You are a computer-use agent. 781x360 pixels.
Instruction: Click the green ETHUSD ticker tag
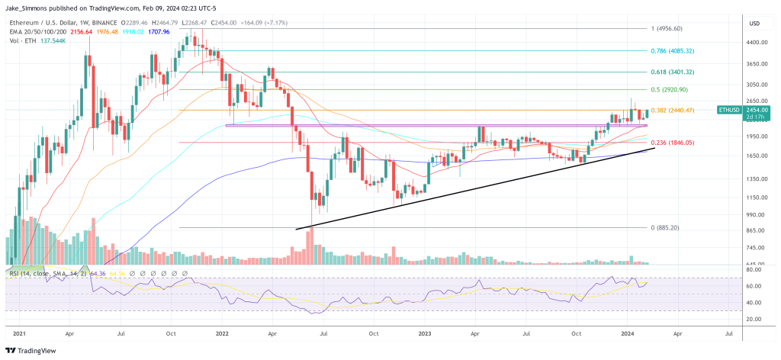pyautogui.click(x=728, y=111)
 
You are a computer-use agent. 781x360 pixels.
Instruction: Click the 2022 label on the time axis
pyautogui.click(x=223, y=333)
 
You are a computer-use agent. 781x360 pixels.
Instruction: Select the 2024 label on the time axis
pyautogui.click(x=628, y=333)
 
